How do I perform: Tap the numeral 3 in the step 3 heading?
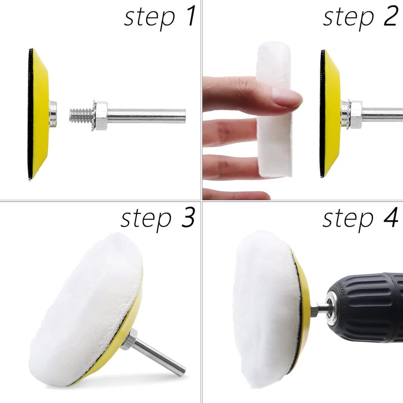[188, 218]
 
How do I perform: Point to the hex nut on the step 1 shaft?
[101, 116]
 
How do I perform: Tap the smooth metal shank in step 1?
[146, 116]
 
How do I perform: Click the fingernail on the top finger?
[287, 98]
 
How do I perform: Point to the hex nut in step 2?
[356, 115]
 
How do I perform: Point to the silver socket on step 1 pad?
[53, 114]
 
